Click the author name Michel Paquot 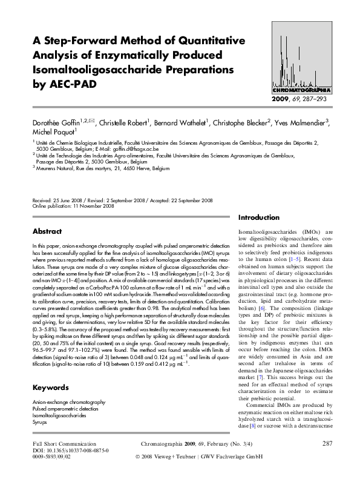(x=54, y=132)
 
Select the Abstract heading (x=47, y=231)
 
